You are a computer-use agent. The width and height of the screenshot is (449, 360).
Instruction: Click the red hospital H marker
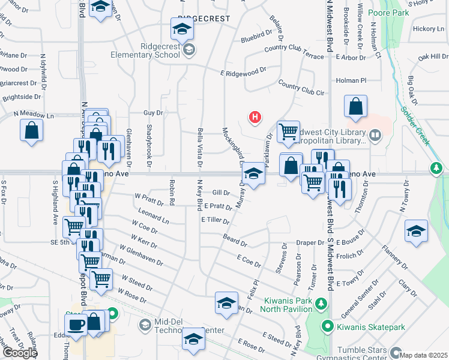tap(255, 116)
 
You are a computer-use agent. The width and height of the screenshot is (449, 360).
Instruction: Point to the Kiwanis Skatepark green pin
tap(327, 327)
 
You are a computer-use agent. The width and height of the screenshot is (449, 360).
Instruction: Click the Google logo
tap(20, 352)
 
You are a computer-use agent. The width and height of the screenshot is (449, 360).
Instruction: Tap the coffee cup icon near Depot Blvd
tap(76, 325)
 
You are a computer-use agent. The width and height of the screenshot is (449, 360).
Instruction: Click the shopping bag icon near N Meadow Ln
tap(31, 130)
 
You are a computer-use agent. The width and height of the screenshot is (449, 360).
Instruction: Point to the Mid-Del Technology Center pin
tap(145, 325)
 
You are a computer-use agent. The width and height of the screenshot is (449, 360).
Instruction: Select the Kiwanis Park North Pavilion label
tap(286, 310)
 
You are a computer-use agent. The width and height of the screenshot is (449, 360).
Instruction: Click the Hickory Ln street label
tap(427, 28)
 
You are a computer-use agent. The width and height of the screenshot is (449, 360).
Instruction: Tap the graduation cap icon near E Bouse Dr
tap(416, 231)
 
